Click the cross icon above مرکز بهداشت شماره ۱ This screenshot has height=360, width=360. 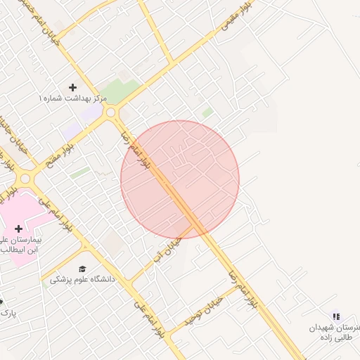pos(72,87)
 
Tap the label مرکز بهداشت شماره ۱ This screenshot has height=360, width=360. pos(73,99)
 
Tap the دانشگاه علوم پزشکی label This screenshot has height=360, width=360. pos(83,279)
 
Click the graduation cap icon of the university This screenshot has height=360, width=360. pos(83,269)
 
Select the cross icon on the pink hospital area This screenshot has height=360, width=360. pos(18,229)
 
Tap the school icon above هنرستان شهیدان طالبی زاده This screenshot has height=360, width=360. pos(335,317)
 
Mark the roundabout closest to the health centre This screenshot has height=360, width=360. pos(110,112)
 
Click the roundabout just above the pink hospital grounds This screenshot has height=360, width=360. pos(25,179)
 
